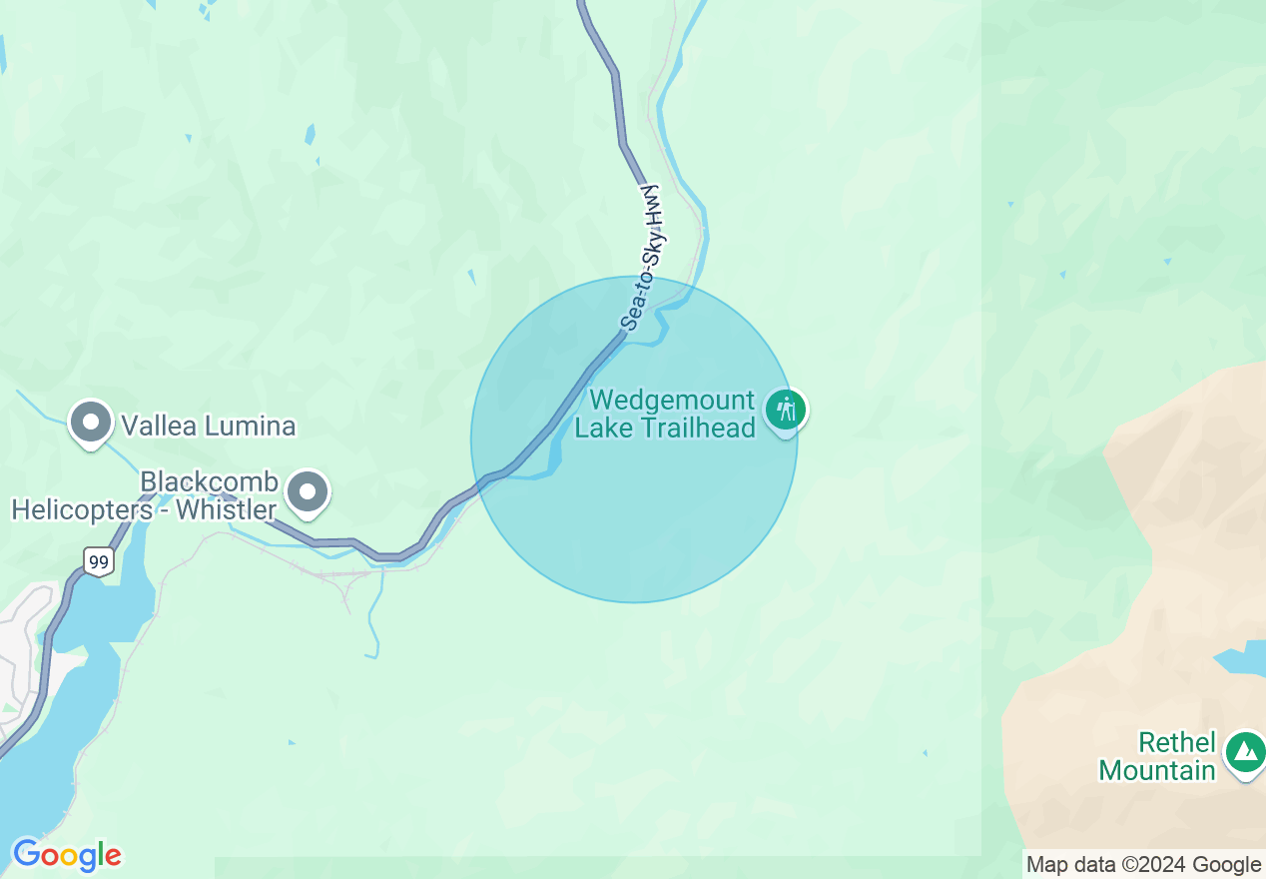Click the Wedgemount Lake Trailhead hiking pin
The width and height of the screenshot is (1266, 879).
787,410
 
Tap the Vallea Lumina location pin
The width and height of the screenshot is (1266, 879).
91,422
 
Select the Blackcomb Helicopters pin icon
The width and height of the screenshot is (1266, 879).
308,491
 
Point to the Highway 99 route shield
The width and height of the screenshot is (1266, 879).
98,561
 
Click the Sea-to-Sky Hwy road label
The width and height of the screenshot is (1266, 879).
643,258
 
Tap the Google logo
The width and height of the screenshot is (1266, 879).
66,855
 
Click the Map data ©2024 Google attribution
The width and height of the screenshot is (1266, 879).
1143,865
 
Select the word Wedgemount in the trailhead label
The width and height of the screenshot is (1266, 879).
672,401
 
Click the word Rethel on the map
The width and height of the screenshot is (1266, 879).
1177,743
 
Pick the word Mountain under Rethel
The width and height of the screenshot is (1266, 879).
1157,770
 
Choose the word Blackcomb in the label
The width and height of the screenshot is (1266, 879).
209,482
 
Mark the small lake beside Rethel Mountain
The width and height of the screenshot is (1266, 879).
1239,662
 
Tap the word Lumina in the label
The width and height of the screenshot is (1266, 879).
255,427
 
